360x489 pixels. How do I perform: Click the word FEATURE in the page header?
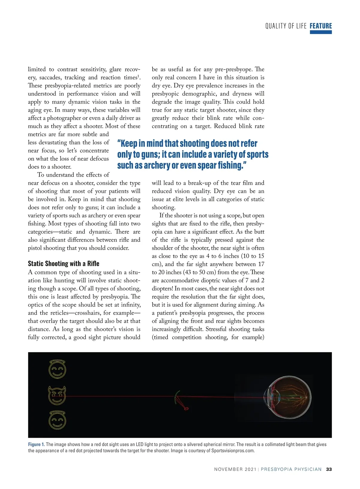point(321,26)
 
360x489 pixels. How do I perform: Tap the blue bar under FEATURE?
point(321,32)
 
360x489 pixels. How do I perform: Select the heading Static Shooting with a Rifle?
point(64,264)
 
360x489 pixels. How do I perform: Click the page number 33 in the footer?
point(329,469)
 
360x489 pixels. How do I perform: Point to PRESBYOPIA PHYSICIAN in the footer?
point(291,469)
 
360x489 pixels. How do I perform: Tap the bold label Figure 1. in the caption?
point(36,444)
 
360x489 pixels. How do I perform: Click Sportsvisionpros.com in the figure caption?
point(233,451)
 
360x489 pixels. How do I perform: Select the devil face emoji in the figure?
point(57,395)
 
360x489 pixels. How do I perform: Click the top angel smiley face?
point(57,369)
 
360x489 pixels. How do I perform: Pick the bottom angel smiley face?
point(57,420)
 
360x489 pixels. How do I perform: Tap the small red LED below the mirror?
point(186,408)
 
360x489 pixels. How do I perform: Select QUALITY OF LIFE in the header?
point(286,26)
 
